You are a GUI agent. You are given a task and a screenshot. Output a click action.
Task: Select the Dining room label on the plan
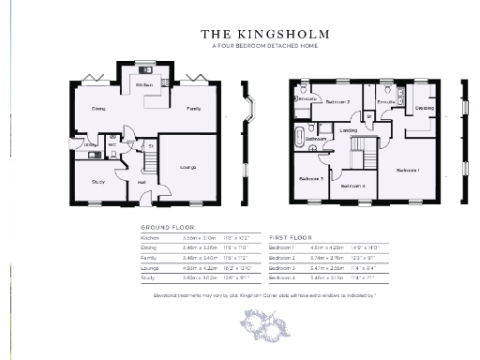97,109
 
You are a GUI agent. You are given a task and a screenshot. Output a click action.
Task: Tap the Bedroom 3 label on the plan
311,178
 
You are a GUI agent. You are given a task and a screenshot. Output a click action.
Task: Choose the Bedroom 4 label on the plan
352,186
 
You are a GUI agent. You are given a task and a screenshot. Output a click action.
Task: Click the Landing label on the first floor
348,129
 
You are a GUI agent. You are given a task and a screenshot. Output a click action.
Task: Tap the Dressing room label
424,109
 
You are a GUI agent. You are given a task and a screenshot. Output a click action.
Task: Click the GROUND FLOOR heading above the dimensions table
166,228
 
